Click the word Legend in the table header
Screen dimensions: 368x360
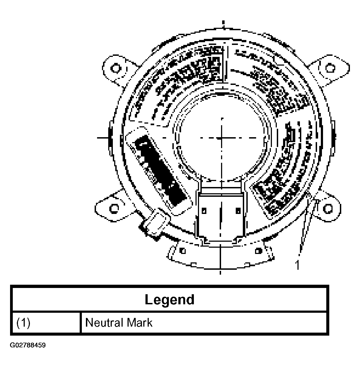click(x=169, y=299)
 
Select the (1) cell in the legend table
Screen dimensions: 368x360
click(x=23, y=323)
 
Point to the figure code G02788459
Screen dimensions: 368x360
click(x=28, y=345)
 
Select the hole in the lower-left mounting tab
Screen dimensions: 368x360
click(x=114, y=208)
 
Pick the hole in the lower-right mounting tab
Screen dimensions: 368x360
click(x=328, y=208)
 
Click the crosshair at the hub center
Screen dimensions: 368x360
click(x=222, y=138)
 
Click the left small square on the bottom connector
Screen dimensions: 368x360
click(x=204, y=210)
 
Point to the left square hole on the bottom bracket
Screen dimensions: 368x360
click(x=183, y=250)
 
